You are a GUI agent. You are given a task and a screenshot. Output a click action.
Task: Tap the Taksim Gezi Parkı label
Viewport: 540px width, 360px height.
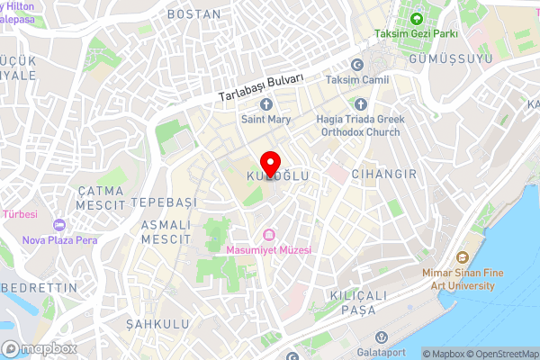(x=417, y=34)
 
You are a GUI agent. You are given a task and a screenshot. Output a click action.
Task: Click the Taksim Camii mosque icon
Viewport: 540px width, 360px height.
(x=356, y=65)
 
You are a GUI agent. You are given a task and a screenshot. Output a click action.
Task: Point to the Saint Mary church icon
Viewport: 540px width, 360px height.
(x=266, y=103)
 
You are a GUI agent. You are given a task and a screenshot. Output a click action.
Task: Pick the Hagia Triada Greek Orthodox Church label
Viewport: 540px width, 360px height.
(x=360, y=124)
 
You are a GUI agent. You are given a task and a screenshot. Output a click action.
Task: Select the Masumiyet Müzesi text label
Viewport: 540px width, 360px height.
(x=269, y=250)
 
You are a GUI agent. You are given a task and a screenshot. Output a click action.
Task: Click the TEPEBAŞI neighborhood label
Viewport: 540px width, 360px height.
(x=163, y=201)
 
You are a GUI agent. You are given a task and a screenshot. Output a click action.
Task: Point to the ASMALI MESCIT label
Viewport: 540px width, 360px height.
(x=166, y=232)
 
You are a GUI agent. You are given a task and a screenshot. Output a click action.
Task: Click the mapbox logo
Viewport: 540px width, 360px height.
(x=38, y=348)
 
